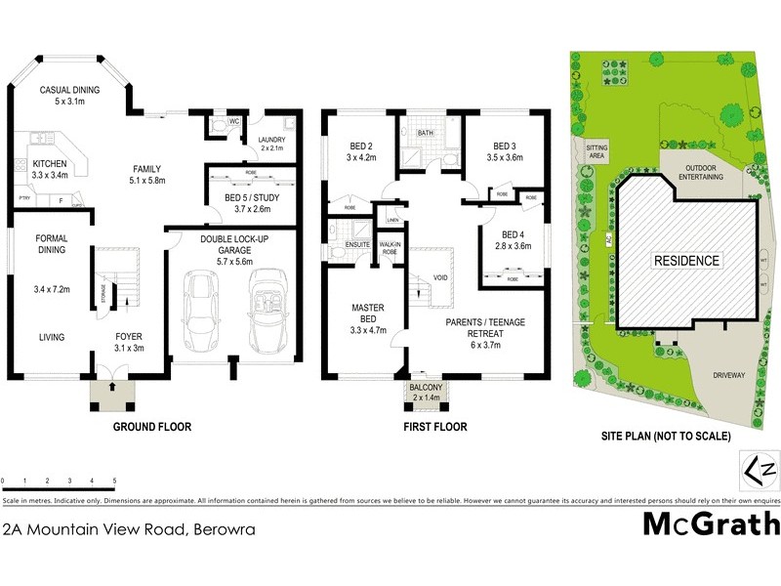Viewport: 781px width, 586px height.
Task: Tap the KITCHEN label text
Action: tap(50, 164)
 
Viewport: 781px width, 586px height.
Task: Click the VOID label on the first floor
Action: tap(440, 278)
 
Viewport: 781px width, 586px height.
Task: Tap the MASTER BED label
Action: tap(369, 313)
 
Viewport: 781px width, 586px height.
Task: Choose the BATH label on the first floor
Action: tap(426, 132)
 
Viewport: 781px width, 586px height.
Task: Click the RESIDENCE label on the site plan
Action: tap(686, 261)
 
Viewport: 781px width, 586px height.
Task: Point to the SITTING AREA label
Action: tap(597, 149)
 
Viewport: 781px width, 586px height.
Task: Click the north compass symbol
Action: tap(760, 470)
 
